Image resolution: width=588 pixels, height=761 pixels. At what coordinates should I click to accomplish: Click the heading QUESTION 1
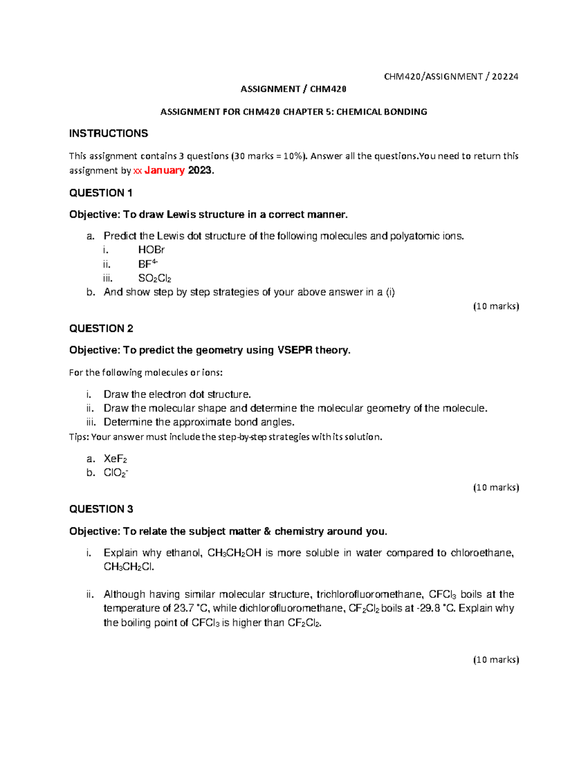(x=101, y=193)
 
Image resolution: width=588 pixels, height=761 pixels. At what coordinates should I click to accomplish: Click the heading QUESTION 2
(x=101, y=328)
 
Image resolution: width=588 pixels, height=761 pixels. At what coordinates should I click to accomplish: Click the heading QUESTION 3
(x=101, y=509)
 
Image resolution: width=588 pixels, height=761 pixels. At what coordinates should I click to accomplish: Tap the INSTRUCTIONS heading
(x=108, y=134)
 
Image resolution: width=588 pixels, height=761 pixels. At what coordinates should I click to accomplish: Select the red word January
(x=164, y=171)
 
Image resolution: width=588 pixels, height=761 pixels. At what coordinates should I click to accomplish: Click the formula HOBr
(x=151, y=250)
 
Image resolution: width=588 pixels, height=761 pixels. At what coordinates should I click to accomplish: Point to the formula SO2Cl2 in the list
(x=154, y=278)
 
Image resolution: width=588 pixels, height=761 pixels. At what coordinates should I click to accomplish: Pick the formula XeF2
(x=115, y=459)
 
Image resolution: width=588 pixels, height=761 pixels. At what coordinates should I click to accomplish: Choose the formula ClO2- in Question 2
(x=116, y=473)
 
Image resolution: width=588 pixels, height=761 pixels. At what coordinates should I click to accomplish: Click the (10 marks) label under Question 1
(x=495, y=306)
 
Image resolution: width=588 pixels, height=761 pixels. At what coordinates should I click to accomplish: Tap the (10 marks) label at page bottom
(x=495, y=660)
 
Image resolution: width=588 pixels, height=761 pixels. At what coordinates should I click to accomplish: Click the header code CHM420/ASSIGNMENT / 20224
(x=451, y=76)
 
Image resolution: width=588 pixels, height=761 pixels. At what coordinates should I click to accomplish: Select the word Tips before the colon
(x=78, y=437)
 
